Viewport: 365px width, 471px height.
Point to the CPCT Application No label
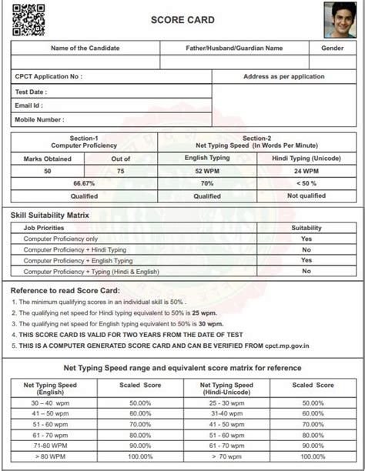point(49,76)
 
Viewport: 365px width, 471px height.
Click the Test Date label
point(32,92)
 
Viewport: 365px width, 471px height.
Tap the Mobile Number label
point(40,119)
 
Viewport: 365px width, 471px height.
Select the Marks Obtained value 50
point(48,170)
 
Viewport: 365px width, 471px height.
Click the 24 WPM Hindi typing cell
point(306,170)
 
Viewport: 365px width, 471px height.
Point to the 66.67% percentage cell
point(84,183)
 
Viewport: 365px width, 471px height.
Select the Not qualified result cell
point(306,196)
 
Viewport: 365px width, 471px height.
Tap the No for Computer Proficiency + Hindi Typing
point(306,249)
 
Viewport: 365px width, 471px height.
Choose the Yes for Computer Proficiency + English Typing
point(306,260)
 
